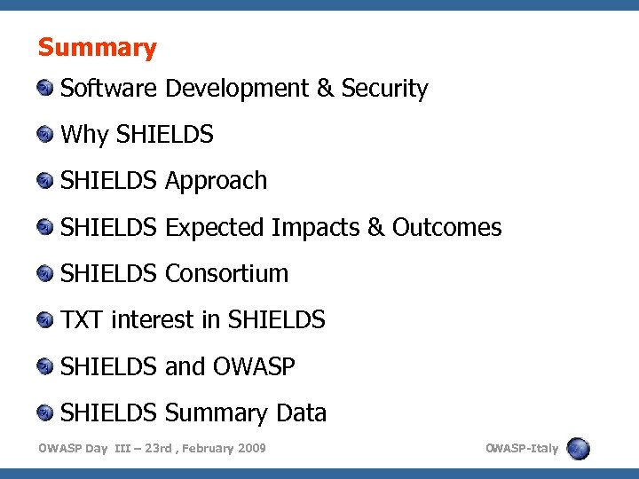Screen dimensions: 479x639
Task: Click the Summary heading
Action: (x=97, y=48)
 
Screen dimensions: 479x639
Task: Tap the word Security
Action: (x=384, y=89)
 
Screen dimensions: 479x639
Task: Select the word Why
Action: (x=85, y=135)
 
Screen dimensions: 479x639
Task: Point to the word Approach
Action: (x=216, y=181)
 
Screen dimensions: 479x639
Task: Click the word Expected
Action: (x=215, y=228)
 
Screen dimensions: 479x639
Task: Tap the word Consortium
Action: (x=226, y=273)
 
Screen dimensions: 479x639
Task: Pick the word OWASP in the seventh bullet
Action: (x=253, y=366)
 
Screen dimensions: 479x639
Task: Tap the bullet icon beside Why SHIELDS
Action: (x=45, y=135)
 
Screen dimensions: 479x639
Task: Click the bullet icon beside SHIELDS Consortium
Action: (x=45, y=273)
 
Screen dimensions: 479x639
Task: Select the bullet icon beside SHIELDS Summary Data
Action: (x=45, y=412)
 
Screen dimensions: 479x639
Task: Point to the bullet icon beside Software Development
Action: (x=45, y=89)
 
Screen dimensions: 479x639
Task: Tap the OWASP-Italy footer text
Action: (x=522, y=448)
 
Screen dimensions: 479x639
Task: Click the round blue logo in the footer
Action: (x=579, y=448)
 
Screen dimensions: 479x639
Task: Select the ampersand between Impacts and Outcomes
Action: (x=375, y=228)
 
